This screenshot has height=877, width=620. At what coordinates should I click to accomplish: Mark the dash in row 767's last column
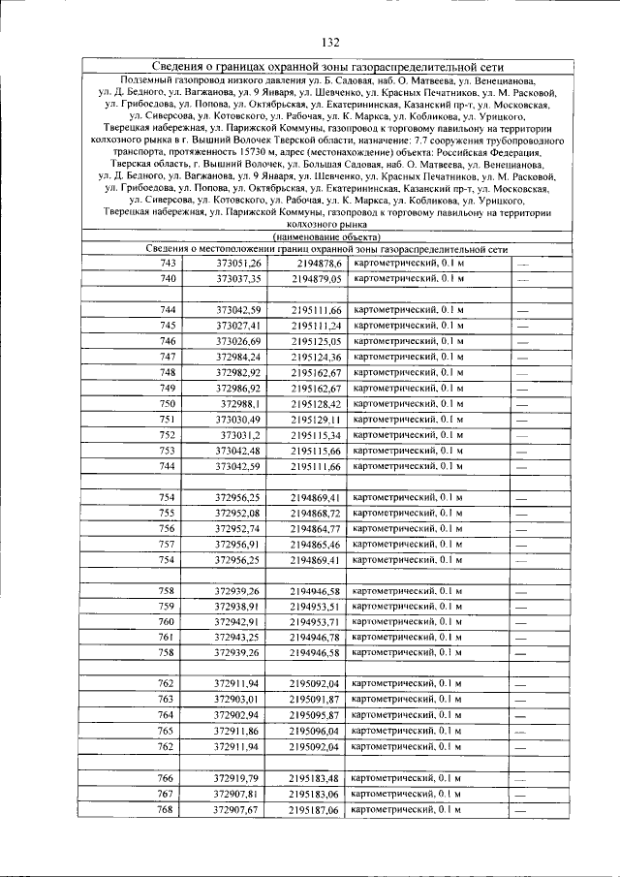coord(521,795)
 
